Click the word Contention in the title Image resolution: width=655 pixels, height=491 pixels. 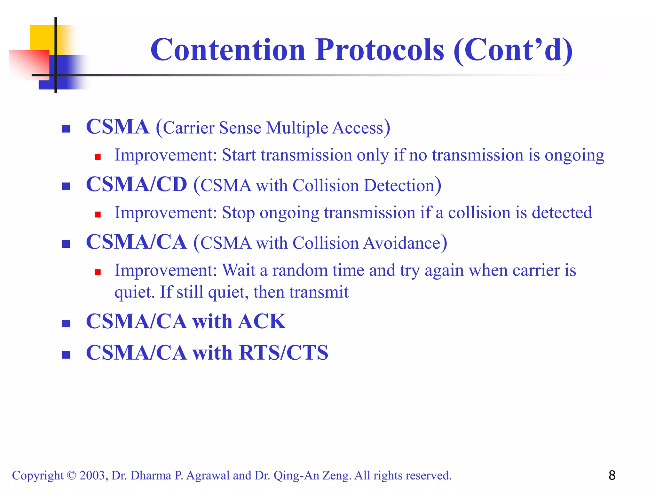coord(228,50)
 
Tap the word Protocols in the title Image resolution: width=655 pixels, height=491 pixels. coord(380,50)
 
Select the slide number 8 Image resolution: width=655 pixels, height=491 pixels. coord(612,475)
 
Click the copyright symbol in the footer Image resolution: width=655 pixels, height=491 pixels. coord(71,476)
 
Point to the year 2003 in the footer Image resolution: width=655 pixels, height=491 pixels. coord(92,476)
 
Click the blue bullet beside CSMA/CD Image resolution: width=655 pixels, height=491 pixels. coord(66,186)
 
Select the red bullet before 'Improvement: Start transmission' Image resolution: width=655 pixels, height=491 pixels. coord(98,157)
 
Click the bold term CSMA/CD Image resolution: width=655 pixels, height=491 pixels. coord(137,184)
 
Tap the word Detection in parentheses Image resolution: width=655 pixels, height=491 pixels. coord(399,185)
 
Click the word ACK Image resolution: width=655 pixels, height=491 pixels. coord(262,321)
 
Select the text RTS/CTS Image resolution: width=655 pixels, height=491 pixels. coord(283,353)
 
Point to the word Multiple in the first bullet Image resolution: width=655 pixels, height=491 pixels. coord(297,128)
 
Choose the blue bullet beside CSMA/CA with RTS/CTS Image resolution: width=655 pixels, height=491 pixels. coord(66,355)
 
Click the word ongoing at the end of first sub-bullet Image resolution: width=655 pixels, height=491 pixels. coord(574,156)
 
